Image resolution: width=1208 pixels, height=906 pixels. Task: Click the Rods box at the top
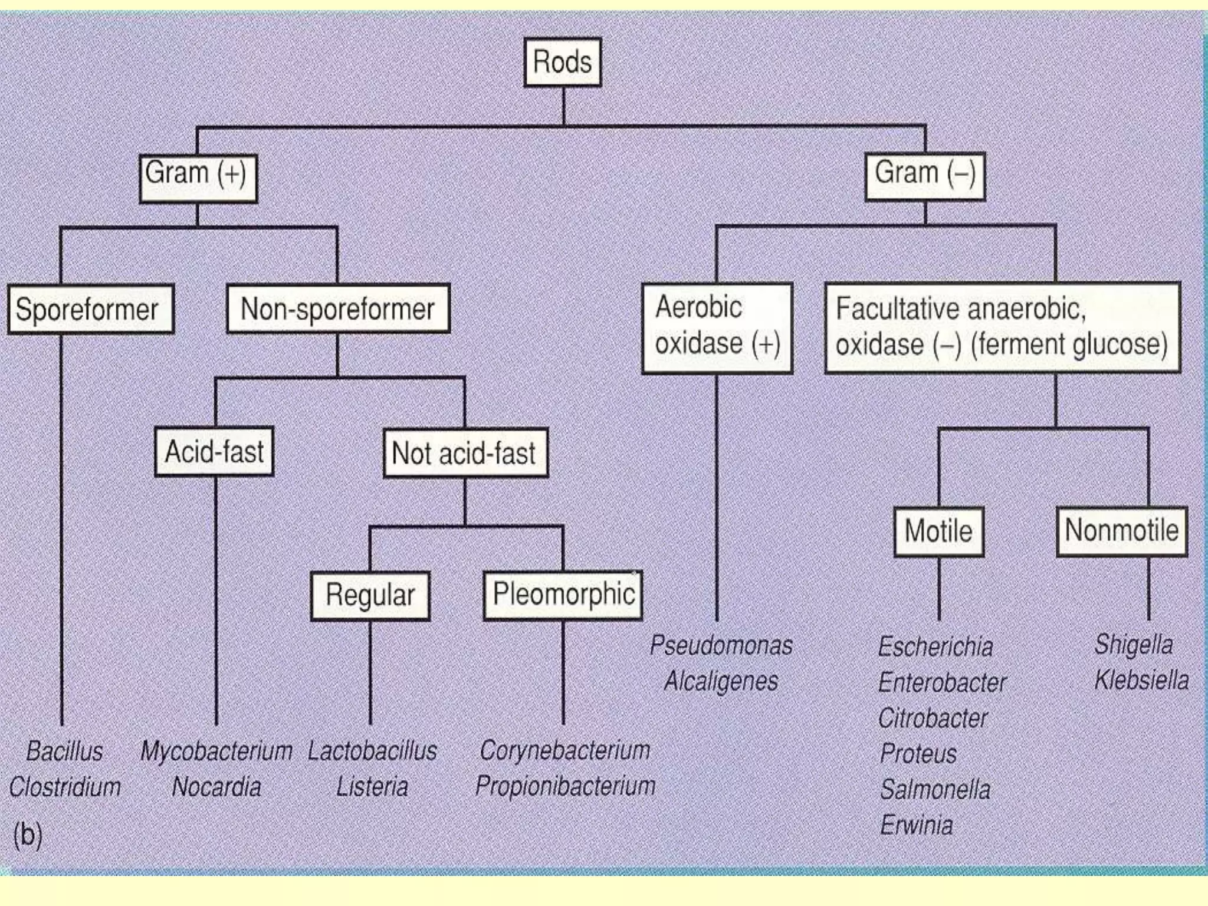[x=563, y=62]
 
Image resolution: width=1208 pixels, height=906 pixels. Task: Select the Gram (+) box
[x=198, y=178]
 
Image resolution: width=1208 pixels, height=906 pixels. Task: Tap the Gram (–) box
[x=925, y=176]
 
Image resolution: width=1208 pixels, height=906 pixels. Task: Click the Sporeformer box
[x=90, y=310]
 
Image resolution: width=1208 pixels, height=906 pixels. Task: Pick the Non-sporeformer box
[x=338, y=309]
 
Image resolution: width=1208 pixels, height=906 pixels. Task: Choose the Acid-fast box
[x=214, y=452]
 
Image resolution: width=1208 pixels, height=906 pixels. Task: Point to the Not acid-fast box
[x=465, y=453]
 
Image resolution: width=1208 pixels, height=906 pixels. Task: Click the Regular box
[x=370, y=596]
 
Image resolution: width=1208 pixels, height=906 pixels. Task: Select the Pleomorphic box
[x=563, y=595]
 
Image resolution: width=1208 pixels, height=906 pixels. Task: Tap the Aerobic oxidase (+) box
[x=717, y=328]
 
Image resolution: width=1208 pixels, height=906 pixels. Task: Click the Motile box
[x=938, y=531]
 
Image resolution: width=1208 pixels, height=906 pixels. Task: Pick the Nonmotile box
[x=1121, y=531]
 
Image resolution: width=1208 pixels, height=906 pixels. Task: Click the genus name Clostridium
[x=65, y=787]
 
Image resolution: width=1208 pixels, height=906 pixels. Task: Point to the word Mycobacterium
[x=216, y=751]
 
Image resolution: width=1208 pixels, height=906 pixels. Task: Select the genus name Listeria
[x=372, y=787]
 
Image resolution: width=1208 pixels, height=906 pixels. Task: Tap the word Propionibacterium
[x=565, y=786]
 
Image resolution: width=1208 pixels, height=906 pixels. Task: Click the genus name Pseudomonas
[x=721, y=645]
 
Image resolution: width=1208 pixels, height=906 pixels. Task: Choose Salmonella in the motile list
[x=935, y=790]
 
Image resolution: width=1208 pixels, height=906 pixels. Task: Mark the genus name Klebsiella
[x=1141, y=680]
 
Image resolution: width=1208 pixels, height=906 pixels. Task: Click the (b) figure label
[x=28, y=835]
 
